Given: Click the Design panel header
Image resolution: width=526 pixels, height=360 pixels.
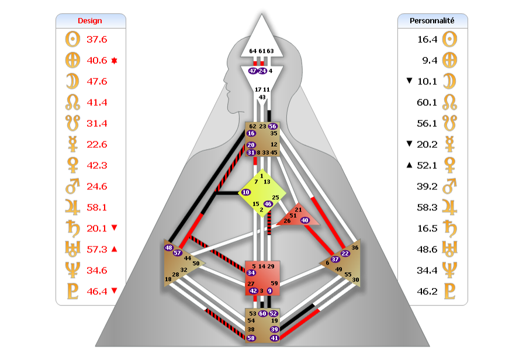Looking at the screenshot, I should click(x=91, y=21).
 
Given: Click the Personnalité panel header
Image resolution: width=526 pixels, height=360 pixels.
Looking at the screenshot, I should click(x=432, y=21).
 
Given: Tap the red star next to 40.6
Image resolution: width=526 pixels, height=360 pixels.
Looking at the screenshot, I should click(x=115, y=60).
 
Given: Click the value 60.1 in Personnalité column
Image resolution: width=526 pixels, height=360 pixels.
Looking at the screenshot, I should click(x=427, y=102).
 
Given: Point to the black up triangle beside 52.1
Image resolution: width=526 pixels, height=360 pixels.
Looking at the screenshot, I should click(x=409, y=165).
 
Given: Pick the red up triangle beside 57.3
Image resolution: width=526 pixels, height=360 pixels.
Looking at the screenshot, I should click(x=114, y=250).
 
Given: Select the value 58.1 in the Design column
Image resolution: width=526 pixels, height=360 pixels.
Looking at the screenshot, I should click(x=96, y=207).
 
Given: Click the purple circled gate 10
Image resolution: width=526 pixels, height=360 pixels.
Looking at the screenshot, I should click(x=246, y=192).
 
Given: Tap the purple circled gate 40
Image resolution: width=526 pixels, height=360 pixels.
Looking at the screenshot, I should click(x=304, y=220).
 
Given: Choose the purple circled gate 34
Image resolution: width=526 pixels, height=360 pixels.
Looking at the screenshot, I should click(x=251, y=272).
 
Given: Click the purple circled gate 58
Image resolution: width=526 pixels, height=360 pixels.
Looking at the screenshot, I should click(x=251, y=338).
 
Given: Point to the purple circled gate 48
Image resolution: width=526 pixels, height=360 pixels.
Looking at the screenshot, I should click(x=169, y=248).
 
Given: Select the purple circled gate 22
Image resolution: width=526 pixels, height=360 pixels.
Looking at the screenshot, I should click(x=345, y=253).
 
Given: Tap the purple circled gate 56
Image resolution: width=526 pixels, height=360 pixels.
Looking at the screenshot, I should click(x=272, y=126).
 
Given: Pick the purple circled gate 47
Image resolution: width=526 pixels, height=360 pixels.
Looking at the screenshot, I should click(x=252, y=71).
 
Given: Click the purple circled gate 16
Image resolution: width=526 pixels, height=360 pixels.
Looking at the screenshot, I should click(x=251, y=134).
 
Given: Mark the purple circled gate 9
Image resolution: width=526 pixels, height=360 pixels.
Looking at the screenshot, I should click(x=269, y=290).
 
